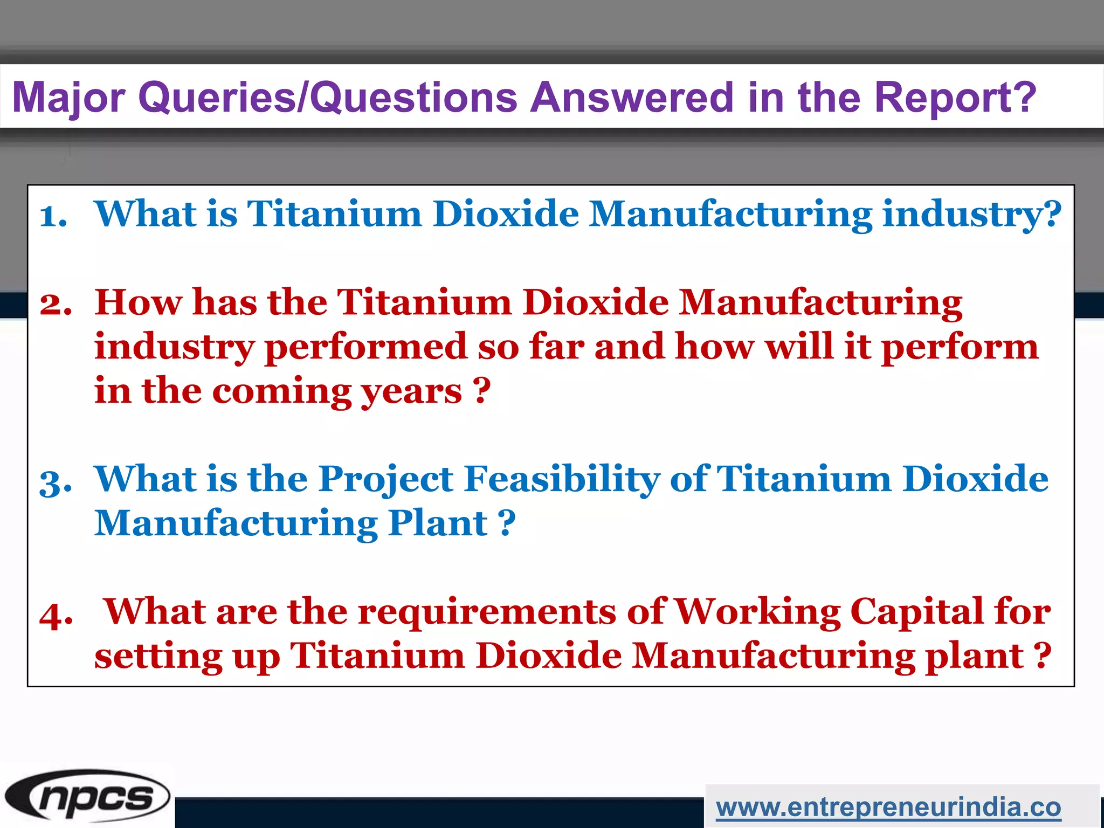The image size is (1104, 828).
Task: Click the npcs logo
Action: [87, 796]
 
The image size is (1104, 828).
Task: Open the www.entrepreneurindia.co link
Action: [888, 807]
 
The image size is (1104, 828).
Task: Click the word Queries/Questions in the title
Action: [328, 98]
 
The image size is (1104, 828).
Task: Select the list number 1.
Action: [53, 216]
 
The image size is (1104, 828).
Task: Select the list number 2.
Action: [56, 304]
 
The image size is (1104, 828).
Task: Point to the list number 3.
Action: [56, 481]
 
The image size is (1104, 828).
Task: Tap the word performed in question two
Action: [366, 347]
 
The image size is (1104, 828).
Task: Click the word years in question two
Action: [411, 391]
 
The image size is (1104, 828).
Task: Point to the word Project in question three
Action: [386, 480]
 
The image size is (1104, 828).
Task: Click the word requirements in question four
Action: [487, 613]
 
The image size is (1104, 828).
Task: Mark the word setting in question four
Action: [158, 657]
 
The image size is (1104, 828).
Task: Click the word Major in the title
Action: [68, 98]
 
